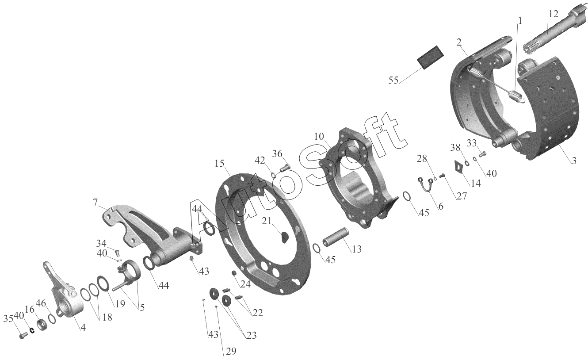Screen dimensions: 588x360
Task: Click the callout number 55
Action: (393, 80)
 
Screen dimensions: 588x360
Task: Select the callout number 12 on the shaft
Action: (554, 14)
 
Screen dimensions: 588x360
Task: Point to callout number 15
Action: (219, 163)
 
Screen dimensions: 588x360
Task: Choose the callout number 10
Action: (319, 137)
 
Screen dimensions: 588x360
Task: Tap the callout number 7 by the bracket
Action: (95, 202)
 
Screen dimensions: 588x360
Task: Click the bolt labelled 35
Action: (23, 336)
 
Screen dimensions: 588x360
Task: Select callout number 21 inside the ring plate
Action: (267, 221)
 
